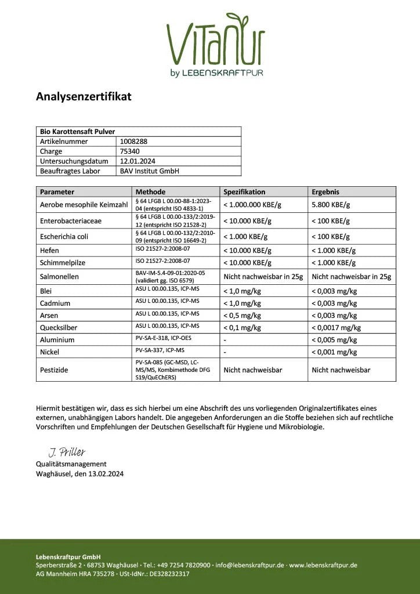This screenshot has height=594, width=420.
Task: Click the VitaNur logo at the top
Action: (x=215, y=44)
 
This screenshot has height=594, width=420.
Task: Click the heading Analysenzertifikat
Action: (x=84, y=96)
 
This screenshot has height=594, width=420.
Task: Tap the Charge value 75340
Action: (x=129, y=151)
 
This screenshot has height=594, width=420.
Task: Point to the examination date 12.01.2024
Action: (x=137, y=161)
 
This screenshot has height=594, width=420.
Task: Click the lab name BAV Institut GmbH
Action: (x=149, y=171)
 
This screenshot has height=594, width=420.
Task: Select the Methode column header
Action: (x=150, y=191)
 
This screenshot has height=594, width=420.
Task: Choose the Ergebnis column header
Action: (x=325, y=191)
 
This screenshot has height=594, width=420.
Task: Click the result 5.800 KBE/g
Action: (x=331, y=205)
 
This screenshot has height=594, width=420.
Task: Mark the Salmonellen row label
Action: (x=59, y=277)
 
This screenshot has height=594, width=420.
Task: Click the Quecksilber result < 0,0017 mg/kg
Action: (x=336, y=328)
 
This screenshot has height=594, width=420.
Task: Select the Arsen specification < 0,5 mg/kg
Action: (x=242, y=316)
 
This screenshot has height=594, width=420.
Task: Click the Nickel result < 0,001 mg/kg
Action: (x=334, y=352)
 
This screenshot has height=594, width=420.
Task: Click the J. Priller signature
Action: (x=66, y=452)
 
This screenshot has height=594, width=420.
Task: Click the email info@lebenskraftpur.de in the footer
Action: (x=249, y=564)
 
